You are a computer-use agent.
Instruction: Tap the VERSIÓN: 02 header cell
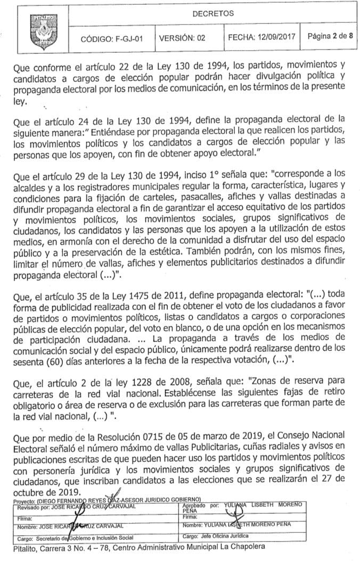[x=182, y=38]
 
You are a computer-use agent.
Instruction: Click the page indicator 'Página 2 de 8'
[x=330, y=37]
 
